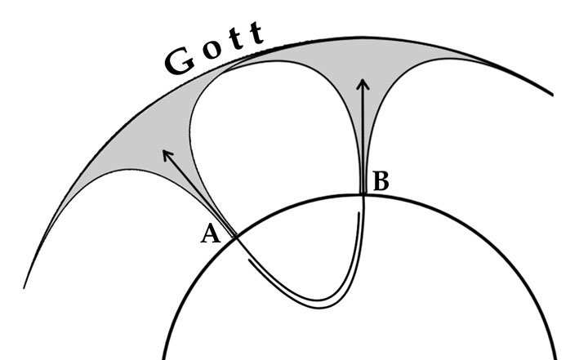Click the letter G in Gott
point(179,62)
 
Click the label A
point(211,234)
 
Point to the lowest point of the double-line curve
point(323,304)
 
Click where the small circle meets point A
point(234,236)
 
